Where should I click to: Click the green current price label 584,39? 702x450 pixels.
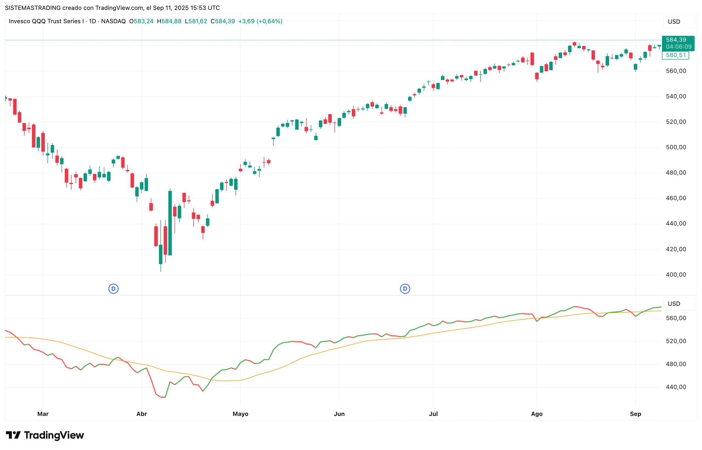pos(676,40)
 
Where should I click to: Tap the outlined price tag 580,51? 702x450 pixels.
pos(675,55)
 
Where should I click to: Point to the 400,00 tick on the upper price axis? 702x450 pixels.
pos(676,275)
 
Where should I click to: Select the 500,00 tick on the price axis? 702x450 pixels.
pos(676,147)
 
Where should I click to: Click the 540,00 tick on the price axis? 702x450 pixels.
pos(676,96)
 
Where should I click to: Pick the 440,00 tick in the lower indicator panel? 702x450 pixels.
pos(676,387)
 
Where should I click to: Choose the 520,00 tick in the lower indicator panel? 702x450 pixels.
pos(676,341)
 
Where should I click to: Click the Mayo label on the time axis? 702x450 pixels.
pos(240,414)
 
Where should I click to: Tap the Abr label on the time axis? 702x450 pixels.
pos(142,414)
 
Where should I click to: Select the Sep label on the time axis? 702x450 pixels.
pos(635,414)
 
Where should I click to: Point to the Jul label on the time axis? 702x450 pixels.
pos(433,414)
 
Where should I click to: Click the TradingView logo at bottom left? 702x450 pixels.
pos(45,435)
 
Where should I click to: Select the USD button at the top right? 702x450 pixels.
pos(674,22)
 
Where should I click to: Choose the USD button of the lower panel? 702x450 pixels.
pos(674,304)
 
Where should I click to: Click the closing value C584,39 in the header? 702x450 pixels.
pos(223,21)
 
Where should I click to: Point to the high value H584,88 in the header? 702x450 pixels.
pos(169,21)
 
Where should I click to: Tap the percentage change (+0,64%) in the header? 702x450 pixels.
pos(269,21)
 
